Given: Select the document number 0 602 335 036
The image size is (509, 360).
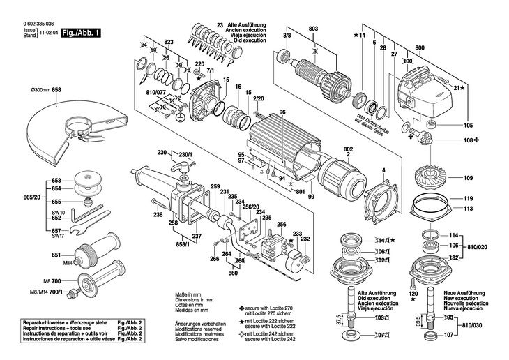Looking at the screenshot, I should point(31,23).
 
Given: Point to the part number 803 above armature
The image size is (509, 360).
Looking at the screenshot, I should point(313,27).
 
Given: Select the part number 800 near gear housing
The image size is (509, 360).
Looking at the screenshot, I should point(419,47).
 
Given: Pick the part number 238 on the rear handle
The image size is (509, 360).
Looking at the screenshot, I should point(159,216).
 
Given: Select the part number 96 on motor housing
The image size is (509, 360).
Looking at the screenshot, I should point(282,112).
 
